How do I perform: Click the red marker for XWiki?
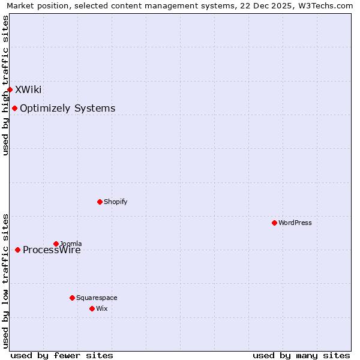10,89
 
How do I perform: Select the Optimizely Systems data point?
14,108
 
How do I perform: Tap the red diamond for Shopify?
100,202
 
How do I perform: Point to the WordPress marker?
274,223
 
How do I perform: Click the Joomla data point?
56,244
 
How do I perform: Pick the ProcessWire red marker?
17,250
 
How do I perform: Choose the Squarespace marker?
72,298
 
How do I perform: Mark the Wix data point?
92,308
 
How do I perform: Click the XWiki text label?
28,89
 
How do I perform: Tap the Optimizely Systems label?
67,108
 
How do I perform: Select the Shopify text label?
115,202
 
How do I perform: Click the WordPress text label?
295,223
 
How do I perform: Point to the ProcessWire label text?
52,250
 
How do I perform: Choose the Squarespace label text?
97,298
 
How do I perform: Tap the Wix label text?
102,308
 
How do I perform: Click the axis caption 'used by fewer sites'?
62,355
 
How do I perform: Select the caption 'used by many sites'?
301,355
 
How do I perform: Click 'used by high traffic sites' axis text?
5,85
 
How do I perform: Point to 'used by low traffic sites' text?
5,280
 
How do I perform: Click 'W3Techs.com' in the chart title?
325,6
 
